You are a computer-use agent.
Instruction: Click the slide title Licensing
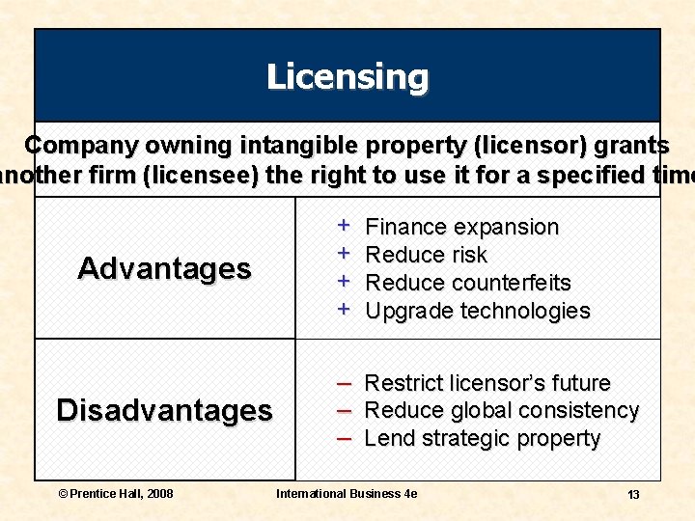click(347, 76)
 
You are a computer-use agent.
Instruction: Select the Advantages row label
click(164, 268)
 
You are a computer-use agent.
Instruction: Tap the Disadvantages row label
click(164, 410)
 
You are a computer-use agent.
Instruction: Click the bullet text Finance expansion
click(462, 228)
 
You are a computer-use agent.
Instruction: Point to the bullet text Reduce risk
click(427, 256)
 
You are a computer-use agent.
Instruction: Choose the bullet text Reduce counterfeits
click(468, 284)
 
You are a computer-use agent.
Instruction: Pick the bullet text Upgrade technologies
click(478, 311)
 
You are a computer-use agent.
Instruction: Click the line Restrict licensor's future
click(487, 383)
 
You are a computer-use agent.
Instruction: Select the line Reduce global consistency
click(502, 411)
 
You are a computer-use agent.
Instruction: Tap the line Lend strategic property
click(483, 439)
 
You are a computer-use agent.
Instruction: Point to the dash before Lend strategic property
click(343, 438)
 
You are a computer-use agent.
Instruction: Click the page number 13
click(633, 495)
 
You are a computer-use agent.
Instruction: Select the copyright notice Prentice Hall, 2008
click(116, 494)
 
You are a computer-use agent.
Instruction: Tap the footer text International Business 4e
click(347, 494)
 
